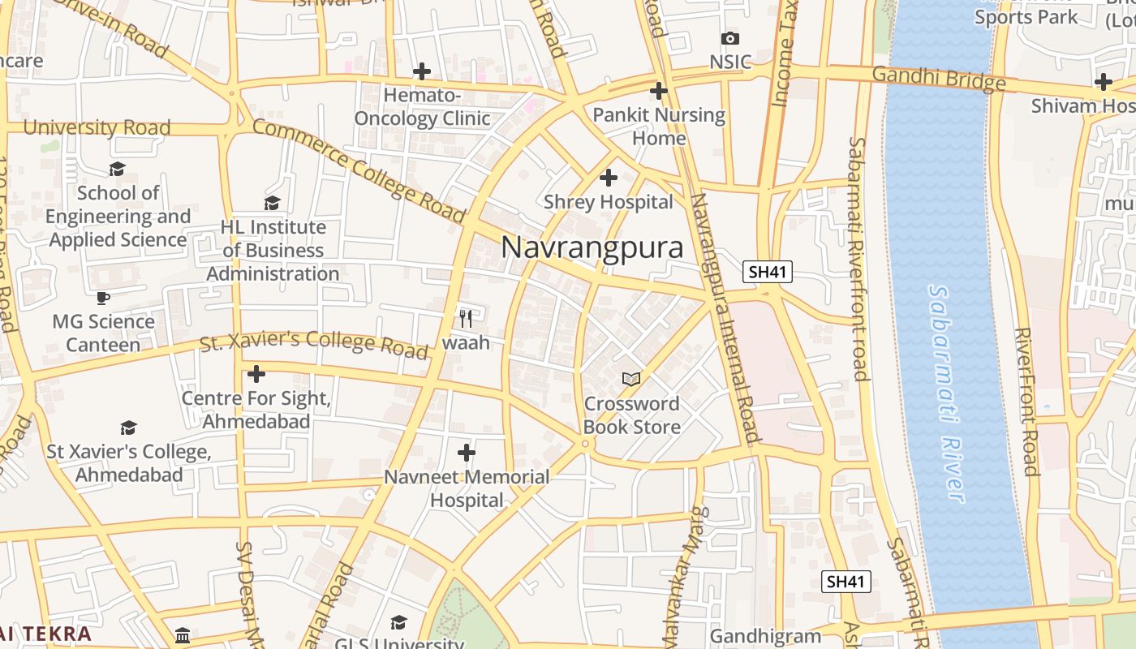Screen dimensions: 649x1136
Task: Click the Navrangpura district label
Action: [x=592, y=247]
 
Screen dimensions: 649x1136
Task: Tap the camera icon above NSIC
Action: [x=729, y=38]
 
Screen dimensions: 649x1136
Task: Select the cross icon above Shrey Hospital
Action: [x=608, y=178]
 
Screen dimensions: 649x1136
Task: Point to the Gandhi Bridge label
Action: [x=939, y=79]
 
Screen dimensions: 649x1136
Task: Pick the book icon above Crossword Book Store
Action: [x=630, y=379]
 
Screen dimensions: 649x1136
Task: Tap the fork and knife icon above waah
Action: [x=466, y=317]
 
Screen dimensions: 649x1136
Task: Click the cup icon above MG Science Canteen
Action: [x=103, y=298]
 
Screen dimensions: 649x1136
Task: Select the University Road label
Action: [x=97, y=127]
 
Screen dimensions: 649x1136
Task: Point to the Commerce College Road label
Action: [x=359, y=171]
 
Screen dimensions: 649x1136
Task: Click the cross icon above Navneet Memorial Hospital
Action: [x=467, y=452]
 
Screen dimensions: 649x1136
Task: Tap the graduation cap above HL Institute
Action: [x=272, y=203]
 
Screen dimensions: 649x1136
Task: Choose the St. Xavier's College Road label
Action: [x=314, y=342]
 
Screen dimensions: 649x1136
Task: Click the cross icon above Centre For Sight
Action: [x=256, y=374]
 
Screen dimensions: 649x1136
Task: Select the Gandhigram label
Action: [x=765, y=636]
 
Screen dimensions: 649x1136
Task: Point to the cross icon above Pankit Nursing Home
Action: [x=658, y=91]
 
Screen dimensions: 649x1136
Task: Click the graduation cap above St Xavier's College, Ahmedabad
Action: [x=128, y=428]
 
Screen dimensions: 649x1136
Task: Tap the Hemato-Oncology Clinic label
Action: [x=422, y=107]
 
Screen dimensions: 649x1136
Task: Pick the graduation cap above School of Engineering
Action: [x=118, y=169]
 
